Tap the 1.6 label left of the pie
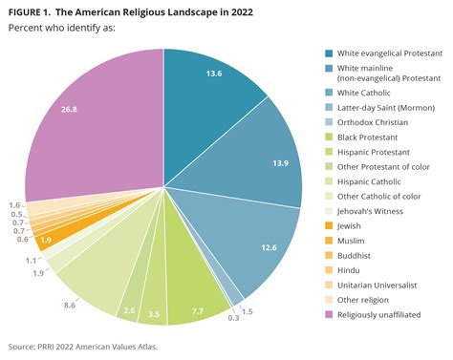pyautogui.click(x=14, y=205)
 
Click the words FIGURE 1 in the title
pyautogui.click(x=33, y=10)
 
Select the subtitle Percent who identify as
pyautogui.click(x=64, y=29)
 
